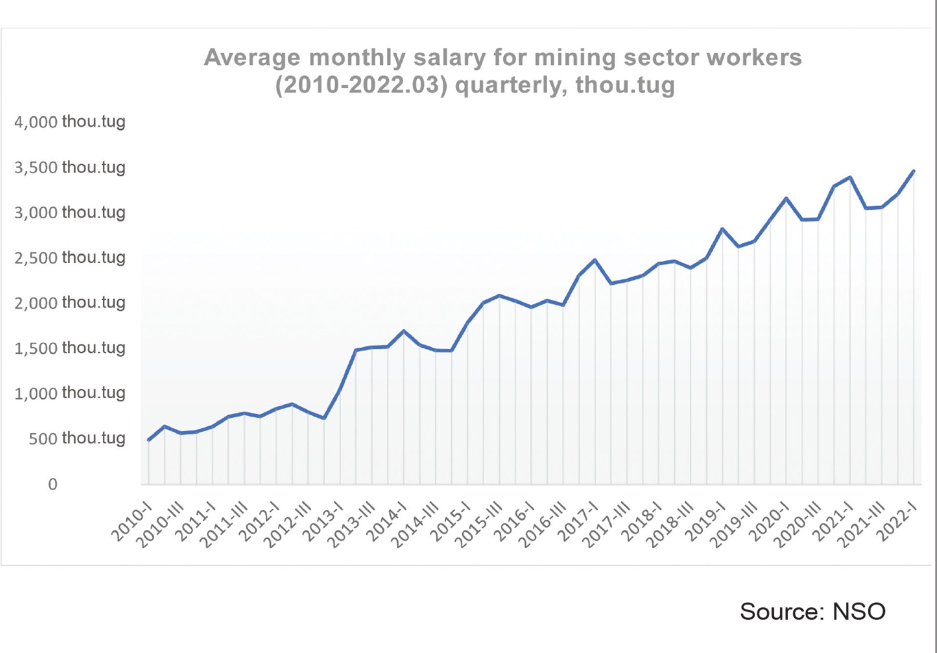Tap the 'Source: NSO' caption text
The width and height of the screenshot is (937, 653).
[x=813, y=611]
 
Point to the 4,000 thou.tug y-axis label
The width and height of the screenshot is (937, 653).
[x=70, y=122]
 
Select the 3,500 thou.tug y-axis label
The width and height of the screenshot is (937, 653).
[x=70, y=167]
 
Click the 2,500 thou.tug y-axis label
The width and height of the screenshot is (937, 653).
[x=70, y=258]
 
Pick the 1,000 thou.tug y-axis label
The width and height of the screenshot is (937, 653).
[x=70, y=393]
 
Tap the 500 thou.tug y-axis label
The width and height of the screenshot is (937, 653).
[x=77, y=438]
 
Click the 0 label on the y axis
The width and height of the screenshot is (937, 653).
[x=53, y=484]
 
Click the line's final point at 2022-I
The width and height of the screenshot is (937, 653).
[x=914, y=171]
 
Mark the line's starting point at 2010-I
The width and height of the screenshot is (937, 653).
[x=149, y=440]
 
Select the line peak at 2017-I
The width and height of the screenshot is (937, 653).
[x=595, y=260]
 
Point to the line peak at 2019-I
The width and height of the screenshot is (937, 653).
[x=722, y=228]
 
